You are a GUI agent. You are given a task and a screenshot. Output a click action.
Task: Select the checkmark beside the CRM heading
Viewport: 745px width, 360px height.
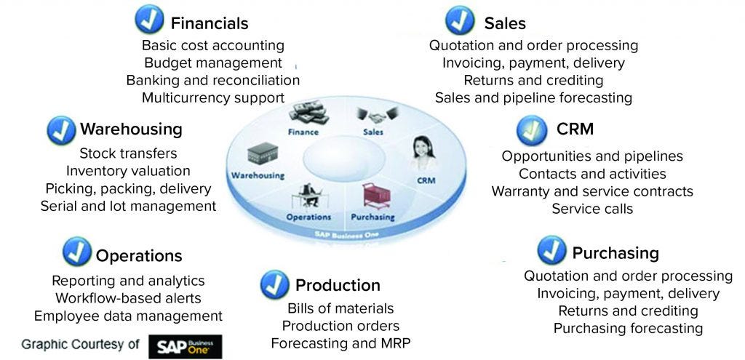click(532, 131)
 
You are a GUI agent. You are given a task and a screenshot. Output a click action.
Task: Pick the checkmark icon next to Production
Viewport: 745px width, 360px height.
click(274, 284)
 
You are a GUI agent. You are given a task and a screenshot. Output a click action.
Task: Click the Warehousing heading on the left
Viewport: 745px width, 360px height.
click(131, 129)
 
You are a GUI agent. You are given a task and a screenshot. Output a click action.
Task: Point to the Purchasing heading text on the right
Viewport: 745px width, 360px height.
click(615, 253)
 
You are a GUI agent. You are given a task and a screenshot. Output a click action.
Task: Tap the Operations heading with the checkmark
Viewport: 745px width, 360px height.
click(139, 256)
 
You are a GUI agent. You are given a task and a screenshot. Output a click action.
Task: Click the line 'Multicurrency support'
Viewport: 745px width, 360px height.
click(213, 97)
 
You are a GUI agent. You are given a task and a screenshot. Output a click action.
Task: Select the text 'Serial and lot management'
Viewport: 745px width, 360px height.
click(129, 206)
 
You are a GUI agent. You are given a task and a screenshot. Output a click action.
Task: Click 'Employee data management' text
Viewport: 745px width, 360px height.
click(128, 316)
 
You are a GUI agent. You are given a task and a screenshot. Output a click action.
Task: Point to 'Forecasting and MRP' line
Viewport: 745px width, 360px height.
click(335, 343)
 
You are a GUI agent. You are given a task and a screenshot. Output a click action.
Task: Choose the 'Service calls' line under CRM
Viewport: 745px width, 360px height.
click(592, 209)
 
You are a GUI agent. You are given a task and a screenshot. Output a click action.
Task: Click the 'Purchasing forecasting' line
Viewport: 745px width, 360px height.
click(628, 328)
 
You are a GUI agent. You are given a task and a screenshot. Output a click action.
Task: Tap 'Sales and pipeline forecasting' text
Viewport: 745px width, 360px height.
click(533, 97)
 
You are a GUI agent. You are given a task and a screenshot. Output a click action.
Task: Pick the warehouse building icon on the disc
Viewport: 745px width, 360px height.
click(260, 154)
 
